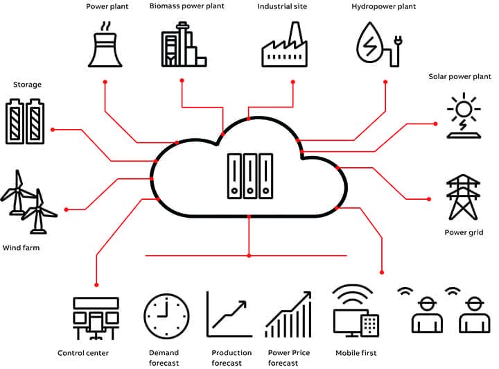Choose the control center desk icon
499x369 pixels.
95,318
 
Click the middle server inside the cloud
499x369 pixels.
249,174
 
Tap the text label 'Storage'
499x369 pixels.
27,85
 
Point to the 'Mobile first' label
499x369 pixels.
356,353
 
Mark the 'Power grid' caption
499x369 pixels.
464,233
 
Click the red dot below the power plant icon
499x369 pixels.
105,82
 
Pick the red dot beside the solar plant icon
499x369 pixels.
435,123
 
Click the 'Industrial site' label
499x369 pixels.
282,6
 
